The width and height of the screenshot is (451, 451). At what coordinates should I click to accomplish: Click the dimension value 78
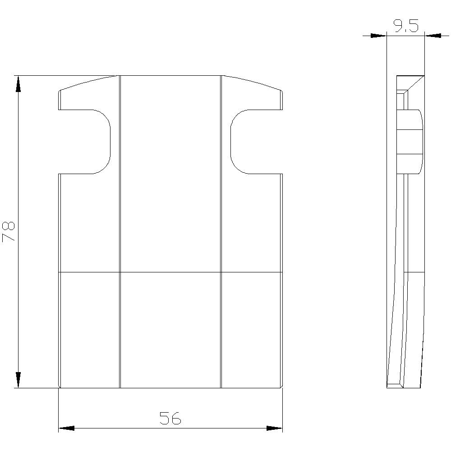[x=9, y=232]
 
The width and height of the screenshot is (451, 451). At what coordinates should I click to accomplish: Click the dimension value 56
[x=170, y=419]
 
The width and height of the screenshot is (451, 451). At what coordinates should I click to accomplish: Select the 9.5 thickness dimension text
[x=406, y=26]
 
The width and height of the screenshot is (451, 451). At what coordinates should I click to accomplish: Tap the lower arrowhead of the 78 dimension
[x=18, y=379]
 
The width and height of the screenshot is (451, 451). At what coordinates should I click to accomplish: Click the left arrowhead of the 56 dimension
[x=66, y=428]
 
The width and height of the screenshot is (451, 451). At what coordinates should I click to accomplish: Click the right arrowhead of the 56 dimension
[x=274, y=428]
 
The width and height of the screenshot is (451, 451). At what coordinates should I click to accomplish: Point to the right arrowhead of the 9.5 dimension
[x=433, y=35]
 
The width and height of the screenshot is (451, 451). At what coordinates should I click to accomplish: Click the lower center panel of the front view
[x=170, y=329]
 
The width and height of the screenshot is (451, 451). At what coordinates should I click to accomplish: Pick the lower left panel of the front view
[x=89, y=329]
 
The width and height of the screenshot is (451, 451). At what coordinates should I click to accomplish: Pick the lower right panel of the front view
[x=252, y=329]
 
